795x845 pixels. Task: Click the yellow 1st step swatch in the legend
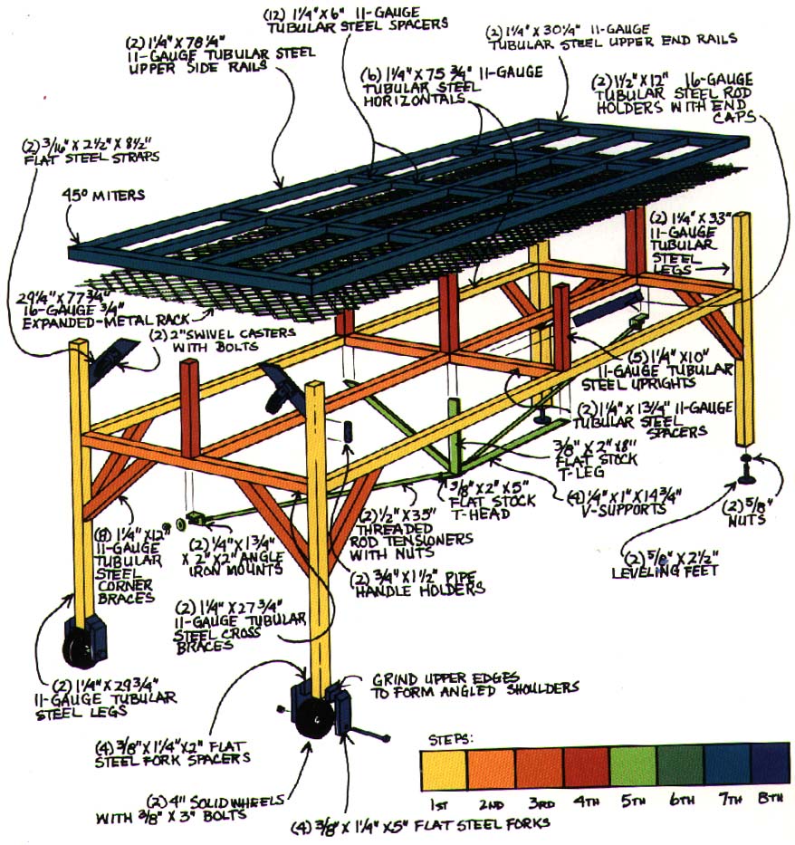pos(445,771)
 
